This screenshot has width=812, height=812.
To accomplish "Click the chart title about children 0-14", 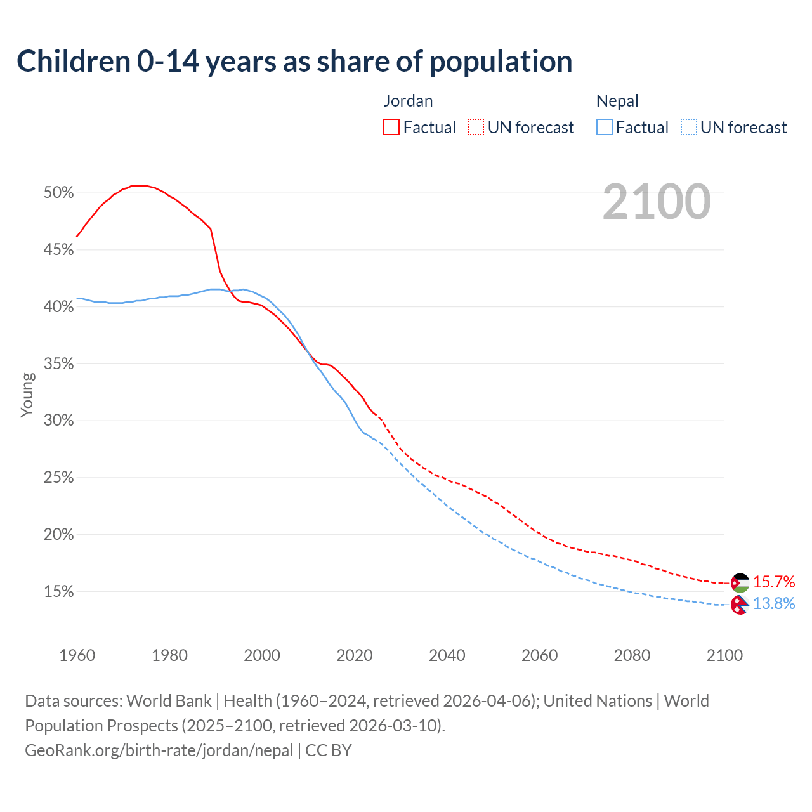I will tap(294, 62).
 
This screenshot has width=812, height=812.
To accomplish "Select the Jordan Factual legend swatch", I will tap(391, 128).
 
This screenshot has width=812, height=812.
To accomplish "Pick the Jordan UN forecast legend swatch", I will tap(476, 128).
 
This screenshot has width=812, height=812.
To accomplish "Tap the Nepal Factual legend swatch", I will tap(605, 128).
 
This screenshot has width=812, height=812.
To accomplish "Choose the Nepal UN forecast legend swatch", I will tap(689, 128).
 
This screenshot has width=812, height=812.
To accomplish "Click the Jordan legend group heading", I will tap(408, 101).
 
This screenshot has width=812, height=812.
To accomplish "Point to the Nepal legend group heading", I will tap(617, 101).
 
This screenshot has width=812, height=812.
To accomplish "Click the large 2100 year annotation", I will tap(657, 202).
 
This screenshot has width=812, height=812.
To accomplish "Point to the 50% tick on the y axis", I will tap(58, 192).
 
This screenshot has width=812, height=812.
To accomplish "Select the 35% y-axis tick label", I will tap(58, 363).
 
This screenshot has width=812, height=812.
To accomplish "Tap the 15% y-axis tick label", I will tap(58, 591).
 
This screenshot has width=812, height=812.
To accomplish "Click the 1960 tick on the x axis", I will tap(77, 655).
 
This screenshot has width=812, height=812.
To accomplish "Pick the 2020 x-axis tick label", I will tap(354, 655).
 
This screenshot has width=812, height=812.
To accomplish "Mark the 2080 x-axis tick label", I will tap(632, 655).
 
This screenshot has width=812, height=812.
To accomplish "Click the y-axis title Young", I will tap(27, 395).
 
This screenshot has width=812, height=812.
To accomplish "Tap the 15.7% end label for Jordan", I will tap(774, 582).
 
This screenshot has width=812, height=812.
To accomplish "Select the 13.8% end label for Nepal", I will tap(774, 603).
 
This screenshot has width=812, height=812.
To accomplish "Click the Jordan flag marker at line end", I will tap(740, 582).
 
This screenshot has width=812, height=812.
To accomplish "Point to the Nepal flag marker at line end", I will tap(739, 605).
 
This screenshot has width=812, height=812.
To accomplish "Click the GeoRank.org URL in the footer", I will tap(159, 750).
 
